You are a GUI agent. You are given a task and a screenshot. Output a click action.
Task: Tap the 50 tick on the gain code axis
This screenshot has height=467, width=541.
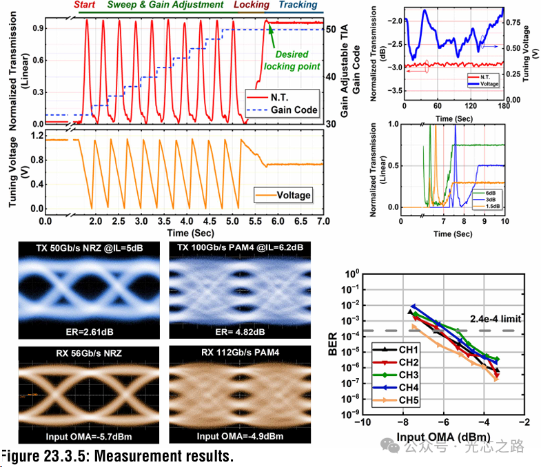tap(331, 30)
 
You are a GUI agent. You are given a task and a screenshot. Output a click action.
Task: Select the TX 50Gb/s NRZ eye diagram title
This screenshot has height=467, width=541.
tap(82, 248)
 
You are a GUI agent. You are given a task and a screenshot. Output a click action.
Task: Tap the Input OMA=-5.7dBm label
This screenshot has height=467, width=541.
tap(82, 436)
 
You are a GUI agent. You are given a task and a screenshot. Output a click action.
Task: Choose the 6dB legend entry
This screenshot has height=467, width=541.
tap(491, 192)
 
